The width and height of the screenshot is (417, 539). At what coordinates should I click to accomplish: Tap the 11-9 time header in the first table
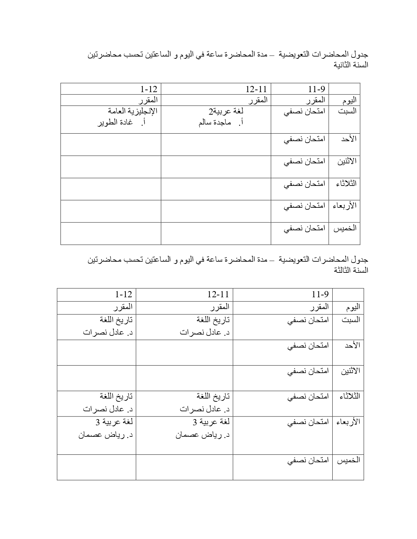click(317, 89)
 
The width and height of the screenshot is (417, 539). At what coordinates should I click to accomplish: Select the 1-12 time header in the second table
click(124, 295)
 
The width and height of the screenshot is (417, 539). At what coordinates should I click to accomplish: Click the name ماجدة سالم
click(215, 123)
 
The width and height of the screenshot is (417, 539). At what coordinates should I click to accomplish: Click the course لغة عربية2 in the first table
click(226, 111)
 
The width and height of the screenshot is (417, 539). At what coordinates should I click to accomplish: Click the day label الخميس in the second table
click(349, 460)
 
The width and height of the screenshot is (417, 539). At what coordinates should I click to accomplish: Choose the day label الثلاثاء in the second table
click(350, 396)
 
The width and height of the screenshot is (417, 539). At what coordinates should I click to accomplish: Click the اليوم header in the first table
click(349, 100)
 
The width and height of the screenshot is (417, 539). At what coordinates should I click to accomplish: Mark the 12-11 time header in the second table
click(218, 295)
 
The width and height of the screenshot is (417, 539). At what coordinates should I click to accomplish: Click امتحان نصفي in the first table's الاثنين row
click(304, 161)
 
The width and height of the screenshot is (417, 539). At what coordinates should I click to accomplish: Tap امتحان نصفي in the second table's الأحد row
click(308, 346)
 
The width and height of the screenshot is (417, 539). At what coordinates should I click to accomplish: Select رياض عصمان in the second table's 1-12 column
click(105, 435)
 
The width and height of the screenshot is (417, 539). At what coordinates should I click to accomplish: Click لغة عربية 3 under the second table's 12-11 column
click(211, 422)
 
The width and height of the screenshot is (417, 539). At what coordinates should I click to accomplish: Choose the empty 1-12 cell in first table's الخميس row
click(111, 233)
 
